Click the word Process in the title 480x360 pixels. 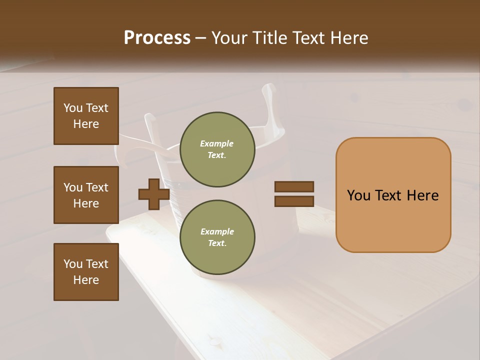tap(157, 38)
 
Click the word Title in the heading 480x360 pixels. tap(270, 38)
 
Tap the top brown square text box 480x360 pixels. tap(86, 116)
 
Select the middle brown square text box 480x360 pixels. tap(86, 195)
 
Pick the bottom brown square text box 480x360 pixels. tap(86, 272)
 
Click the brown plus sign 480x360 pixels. tap(154, 194)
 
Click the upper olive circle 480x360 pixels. tap(217, 149)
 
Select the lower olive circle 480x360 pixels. tap(217, 237)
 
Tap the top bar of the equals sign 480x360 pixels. tap(294, 186)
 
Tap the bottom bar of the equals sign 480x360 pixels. tap(294, 201)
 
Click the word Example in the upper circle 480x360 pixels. tap(217, 143)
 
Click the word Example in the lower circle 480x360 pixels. tap(217, 231)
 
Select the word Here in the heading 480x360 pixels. tap(349, 38)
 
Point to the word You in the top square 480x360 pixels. tap(72, 108)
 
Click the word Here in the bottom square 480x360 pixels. tap(86, 280)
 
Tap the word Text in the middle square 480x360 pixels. tap(97, 187)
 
